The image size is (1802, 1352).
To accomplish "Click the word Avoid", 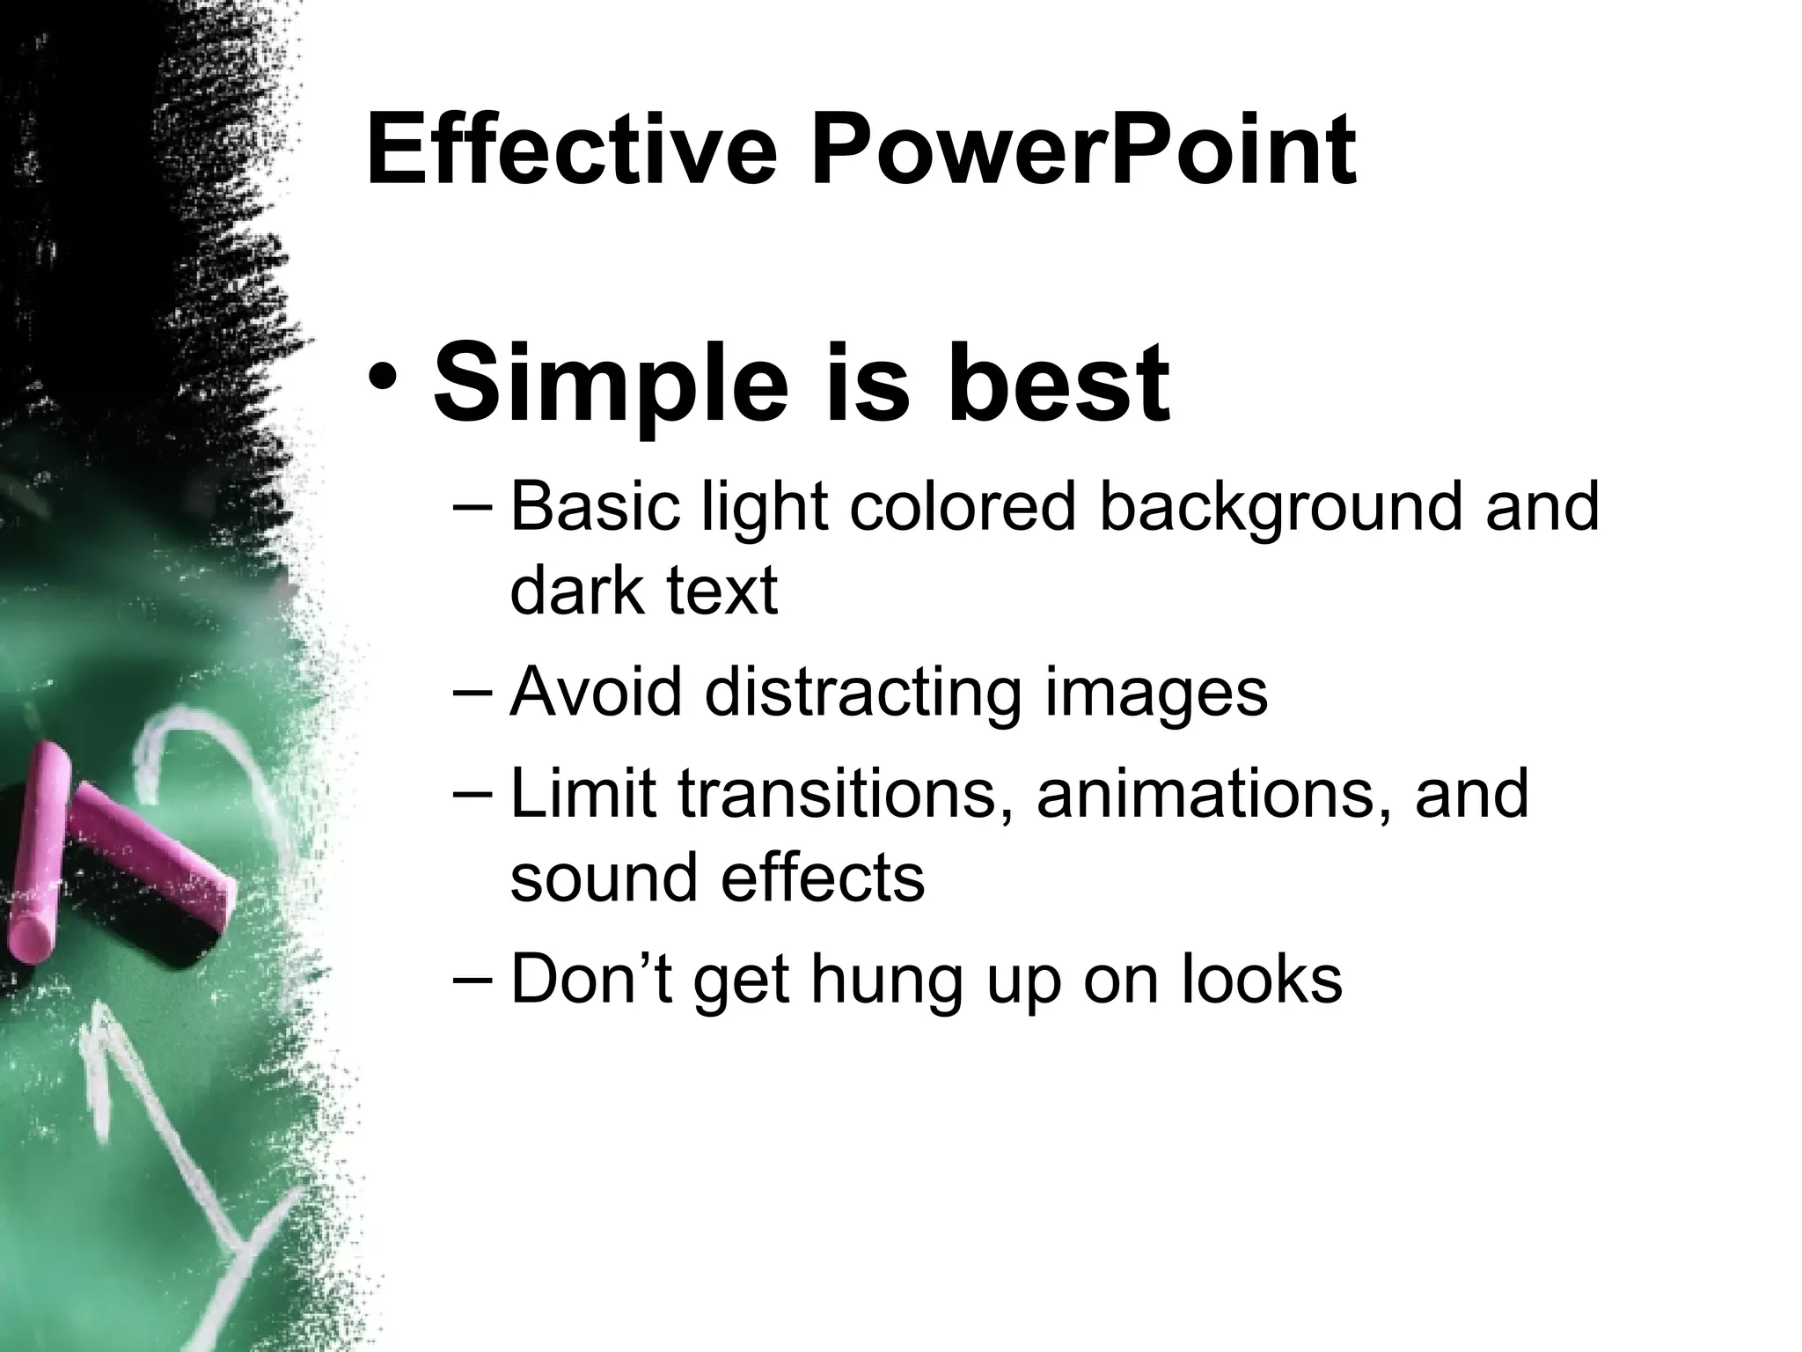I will [x=596, y=693].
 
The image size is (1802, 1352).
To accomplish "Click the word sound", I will [x=604, y=878].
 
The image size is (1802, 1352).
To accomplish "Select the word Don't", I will [x=591, y=978].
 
